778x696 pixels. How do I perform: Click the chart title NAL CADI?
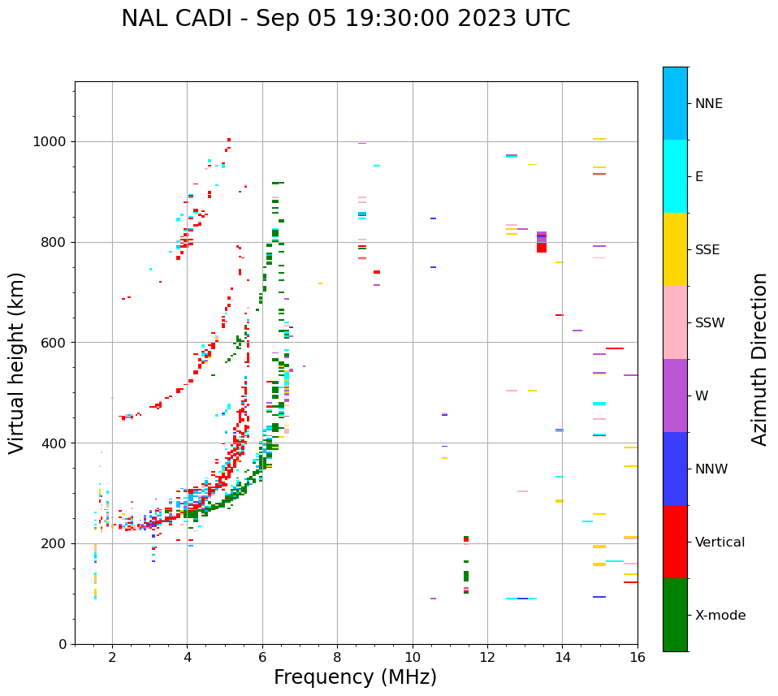[x=345, y=19]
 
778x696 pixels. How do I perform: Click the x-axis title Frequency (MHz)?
[x=355, y=677]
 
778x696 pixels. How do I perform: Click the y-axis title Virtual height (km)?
[x=17, y=362]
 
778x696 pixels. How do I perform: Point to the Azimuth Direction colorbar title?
[x=759, y=358]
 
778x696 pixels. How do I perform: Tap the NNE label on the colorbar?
[x=708, y=104]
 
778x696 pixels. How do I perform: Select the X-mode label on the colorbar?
[x=720, y=616]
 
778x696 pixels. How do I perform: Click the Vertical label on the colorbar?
[x=720, y=543]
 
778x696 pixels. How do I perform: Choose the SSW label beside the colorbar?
[x=710, y=323]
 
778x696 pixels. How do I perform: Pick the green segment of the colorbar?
[x=675, y=615]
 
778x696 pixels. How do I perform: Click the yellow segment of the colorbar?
[x=675, y=249]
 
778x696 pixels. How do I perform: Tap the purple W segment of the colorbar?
[x=675, y=396]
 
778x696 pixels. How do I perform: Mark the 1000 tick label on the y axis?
[x=50, y=141]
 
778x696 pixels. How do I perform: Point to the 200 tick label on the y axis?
[x=54, y=543]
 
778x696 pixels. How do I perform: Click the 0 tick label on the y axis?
[x=63, y=644]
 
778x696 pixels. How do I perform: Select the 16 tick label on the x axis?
[x=638, y=658]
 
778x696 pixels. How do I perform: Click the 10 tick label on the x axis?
[x=413, y=658]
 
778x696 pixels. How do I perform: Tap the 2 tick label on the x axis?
[x=112, y=658]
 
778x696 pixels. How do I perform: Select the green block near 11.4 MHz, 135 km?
[x=466, y=576]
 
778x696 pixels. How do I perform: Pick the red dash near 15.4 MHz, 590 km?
[x=615, y=348]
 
